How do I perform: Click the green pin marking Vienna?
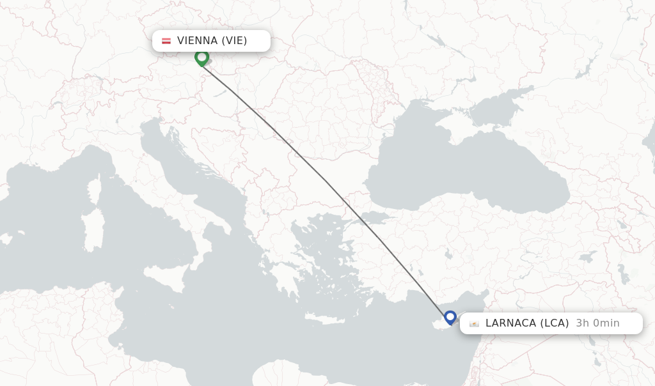coord(201,58)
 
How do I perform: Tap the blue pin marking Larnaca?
coord(450,317)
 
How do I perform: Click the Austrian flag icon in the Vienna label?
coord(166,41)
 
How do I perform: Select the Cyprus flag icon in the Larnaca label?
coord(474,323)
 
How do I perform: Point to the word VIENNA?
coord(198,41)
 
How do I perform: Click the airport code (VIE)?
coord(234,41)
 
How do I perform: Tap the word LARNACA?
coord(510,323)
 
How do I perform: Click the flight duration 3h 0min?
coord(597,323)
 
